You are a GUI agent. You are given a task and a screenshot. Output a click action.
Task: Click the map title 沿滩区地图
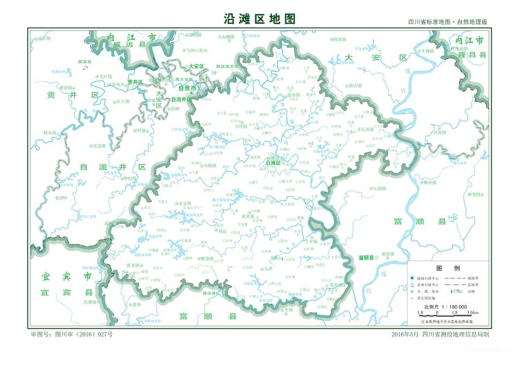pyautogui.click(x=260, y=19)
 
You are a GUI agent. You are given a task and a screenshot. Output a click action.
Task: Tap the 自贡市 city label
pyautogui.click(x=187, y=88)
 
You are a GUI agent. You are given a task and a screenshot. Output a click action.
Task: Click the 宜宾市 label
pyautogui.click(x=67, y=276)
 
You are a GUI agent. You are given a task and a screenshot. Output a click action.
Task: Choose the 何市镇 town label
pyautogui.click(x=338, y=39)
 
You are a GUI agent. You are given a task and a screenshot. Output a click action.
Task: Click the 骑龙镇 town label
pyautogui.click(x=474, y=195)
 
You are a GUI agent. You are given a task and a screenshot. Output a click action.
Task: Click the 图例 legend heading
pyautogui.click(x=444, y=268)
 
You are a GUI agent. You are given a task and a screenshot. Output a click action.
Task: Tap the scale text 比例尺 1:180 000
pyautogui.click(x=445, y=307)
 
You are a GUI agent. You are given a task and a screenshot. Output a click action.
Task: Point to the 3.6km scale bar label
pyautogui.click(x=472, y=313)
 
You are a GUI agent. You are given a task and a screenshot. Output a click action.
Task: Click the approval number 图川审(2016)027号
pyautogui.click(x=72, y=334)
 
